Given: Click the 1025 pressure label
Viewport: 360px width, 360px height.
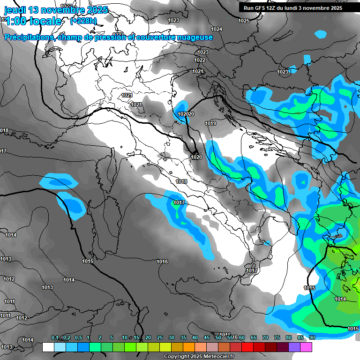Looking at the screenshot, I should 243,21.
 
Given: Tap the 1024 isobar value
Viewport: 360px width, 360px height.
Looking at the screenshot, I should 216,29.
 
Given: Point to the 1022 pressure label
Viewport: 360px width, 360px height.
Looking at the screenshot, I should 200,60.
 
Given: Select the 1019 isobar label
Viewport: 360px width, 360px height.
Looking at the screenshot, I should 210,123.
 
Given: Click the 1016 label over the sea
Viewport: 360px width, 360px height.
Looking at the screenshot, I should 162,262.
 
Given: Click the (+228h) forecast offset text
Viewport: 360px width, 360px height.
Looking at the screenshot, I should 83,21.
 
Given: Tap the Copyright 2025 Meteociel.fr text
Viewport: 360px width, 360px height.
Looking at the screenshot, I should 199,356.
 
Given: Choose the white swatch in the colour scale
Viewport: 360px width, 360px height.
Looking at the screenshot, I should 48,347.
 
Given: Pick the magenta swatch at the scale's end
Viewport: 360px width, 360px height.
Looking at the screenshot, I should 307,347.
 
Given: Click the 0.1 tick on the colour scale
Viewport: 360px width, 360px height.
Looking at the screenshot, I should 54,337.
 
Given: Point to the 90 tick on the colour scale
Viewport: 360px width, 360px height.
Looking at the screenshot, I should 312,337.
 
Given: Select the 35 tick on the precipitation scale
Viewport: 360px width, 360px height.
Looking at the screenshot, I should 183,337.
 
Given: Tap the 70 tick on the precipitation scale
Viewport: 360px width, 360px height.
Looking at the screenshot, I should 265,337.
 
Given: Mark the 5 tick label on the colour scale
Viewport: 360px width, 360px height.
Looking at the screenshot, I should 112,337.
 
